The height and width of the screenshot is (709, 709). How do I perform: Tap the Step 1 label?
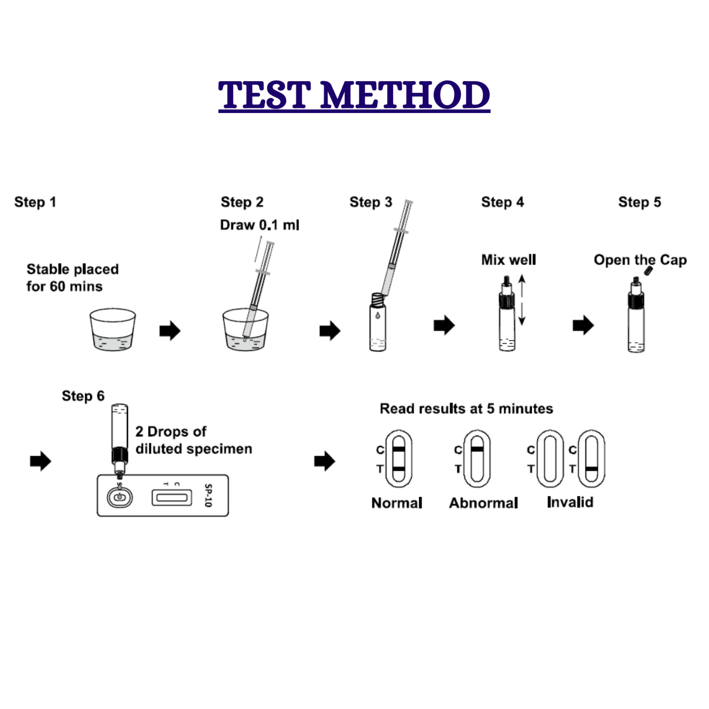pyautogui.click(x=35, y=202)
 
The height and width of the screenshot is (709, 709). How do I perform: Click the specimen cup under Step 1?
pyautogui.click(x=113, y=330)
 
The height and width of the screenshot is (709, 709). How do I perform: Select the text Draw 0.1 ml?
pyautogui.click(x=259, y=225)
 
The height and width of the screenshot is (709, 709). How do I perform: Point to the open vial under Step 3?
pyautogui.click(x=377, y=322)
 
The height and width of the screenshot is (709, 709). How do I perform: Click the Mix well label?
pyautogui.click(x=508, y=260)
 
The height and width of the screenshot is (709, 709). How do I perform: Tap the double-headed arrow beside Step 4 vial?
pyautogui.click(x=522, y=300)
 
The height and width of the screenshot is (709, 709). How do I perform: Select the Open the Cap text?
pyautogui.click(x=640, y=260)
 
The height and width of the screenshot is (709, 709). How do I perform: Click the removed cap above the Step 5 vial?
pyautogui.click(x=648, y=270)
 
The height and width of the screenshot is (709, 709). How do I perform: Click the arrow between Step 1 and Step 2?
pyautogui.click(x=170, y=331)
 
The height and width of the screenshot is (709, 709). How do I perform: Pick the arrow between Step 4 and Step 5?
pyautogui.click(x=583, y=325)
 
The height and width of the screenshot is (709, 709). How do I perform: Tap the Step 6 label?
pyautogui.click(x=83, y=396)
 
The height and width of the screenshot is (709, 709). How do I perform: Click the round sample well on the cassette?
pyautogui.click(x=120, y=497)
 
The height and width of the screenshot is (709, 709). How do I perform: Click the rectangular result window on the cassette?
pyautogui.click(x=172, y=497)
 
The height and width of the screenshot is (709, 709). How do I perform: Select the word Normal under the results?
pyautogui.click(x=397, y=503)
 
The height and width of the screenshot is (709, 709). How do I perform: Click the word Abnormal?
pyautogui.click(x=483, y=503)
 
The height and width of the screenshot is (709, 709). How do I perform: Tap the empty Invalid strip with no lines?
pyautogui.click(x=550, y=459)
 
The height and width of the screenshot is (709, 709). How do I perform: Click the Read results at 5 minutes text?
pyautogui.click(x=466, y=409)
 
